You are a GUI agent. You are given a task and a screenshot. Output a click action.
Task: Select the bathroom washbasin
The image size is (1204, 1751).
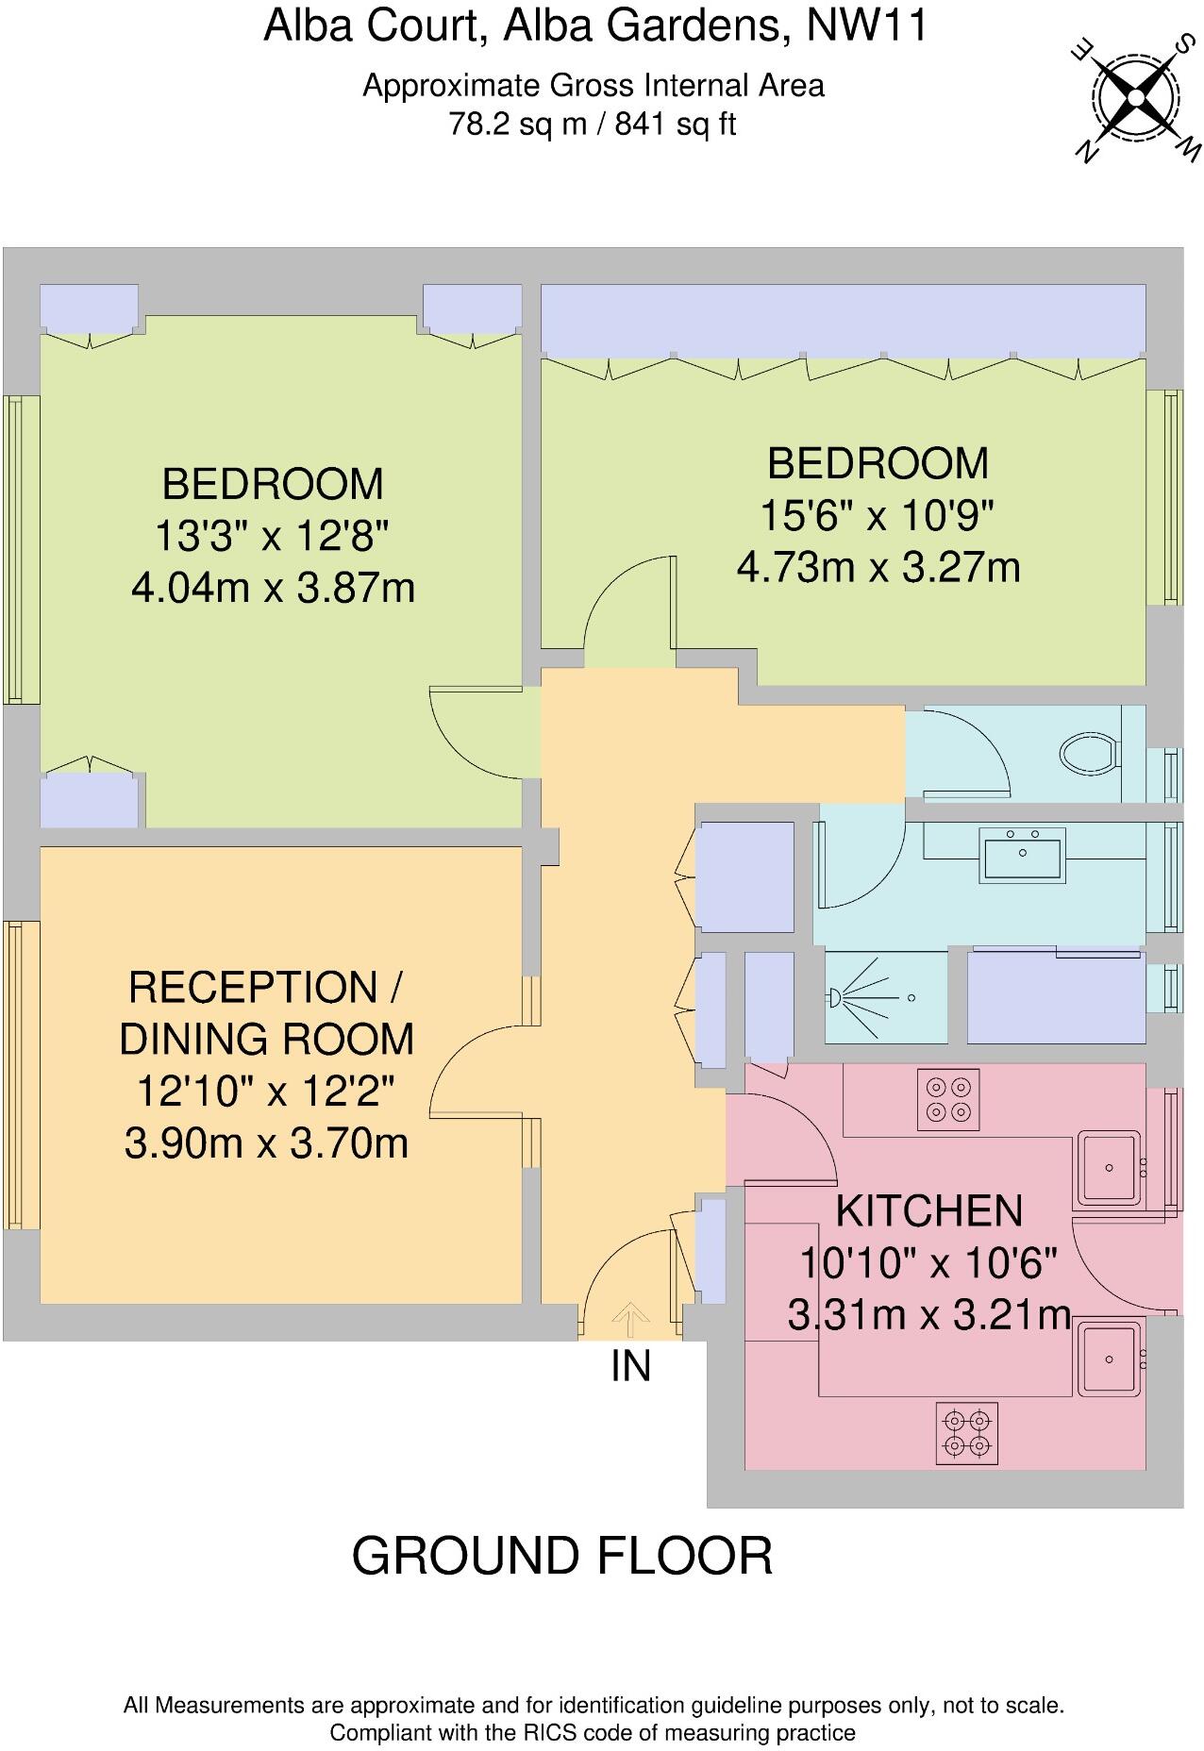pyautogui.click(x=1023, y=855)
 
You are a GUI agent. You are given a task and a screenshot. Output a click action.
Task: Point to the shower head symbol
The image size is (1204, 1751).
pyautogui.click(x=835, y=996)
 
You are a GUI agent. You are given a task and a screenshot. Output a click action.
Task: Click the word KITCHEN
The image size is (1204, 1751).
pyautogui.click(x=929, y=1210)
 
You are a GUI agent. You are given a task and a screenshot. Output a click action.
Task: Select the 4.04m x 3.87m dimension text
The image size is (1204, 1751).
pyautogui.click(x=274, y=588)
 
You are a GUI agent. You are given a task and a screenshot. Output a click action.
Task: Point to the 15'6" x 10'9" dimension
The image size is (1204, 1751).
pyautogui.click(x=878, y=515)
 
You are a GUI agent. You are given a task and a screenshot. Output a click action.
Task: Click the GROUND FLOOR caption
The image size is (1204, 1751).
pyautogui.click(x=562, y=1556)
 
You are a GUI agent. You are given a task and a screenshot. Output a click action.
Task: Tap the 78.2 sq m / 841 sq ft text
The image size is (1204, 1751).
pyautogui.click(x=593, y=124)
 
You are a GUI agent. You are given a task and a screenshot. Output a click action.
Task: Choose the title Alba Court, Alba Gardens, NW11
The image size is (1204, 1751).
pyautogui.click(x=594, y=25)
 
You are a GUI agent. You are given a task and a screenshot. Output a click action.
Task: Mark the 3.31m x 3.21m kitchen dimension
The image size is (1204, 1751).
pyautogui.click(x=929, y=1314)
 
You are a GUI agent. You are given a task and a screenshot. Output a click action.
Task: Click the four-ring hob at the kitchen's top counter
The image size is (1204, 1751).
pyautogui.click(x=948, y=1099)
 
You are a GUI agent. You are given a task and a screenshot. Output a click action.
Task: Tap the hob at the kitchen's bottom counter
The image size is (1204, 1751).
pyautogui.click(x=967, y=1432)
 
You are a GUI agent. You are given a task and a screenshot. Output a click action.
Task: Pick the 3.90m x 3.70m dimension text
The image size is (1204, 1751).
pyautogui.click(x=266, y=1143)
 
